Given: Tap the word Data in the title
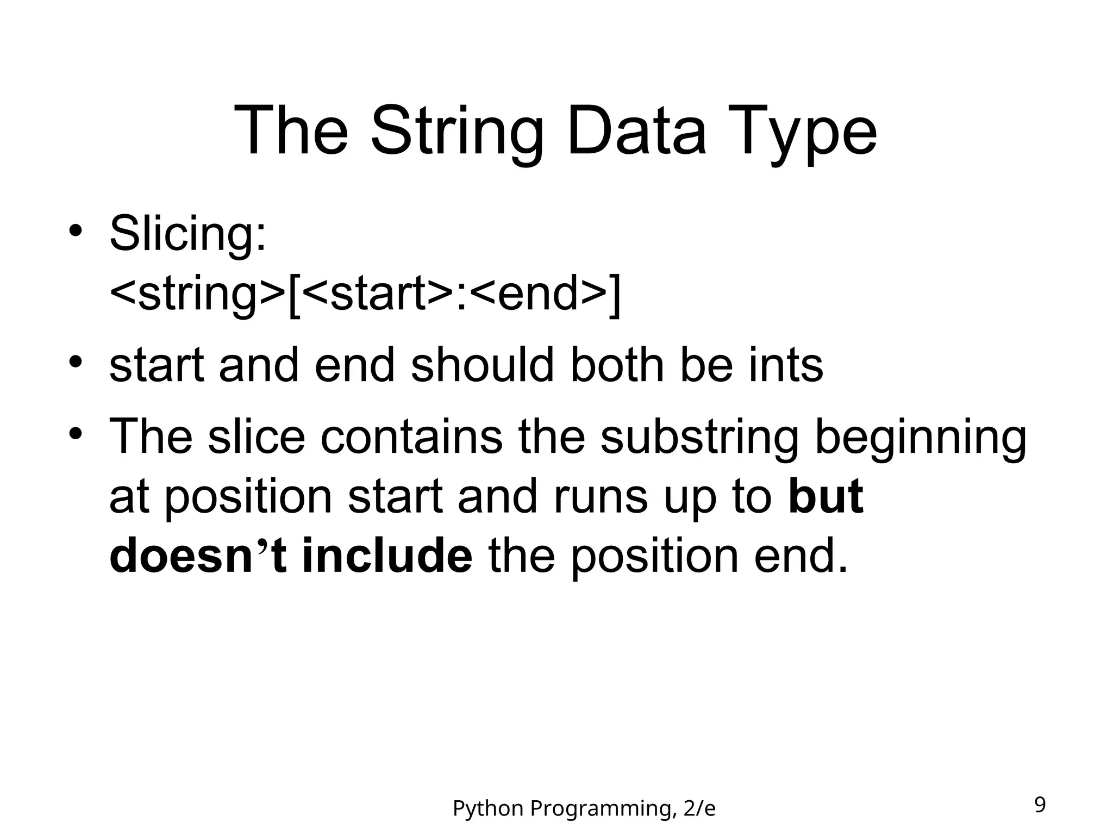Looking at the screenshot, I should coord(636,132).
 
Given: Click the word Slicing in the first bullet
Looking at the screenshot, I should coord(187,235).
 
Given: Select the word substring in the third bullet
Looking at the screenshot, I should coord(699,438).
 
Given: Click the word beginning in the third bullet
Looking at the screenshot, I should coord(920,438).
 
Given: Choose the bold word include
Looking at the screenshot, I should coord(387,556).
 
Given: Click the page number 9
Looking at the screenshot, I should coord(1040,805).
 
